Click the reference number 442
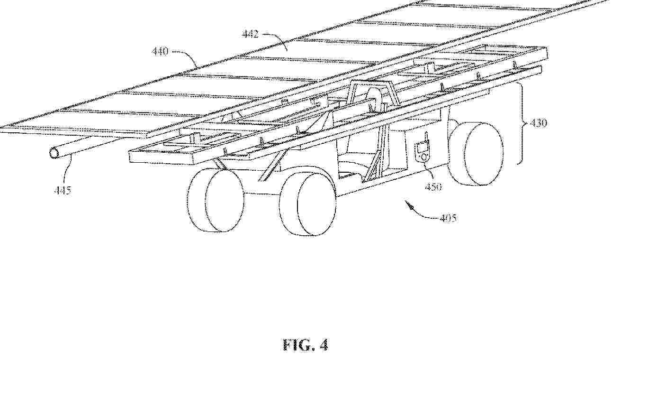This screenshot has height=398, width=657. coord(250,34)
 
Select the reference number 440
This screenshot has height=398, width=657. coord(160,52)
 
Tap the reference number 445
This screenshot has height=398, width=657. coord(63,190)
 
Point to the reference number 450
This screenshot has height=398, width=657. coord(433,186)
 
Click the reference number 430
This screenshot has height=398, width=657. coord(539,123)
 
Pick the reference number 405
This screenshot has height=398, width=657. coord(449,218)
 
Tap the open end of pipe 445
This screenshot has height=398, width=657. coord(54,153)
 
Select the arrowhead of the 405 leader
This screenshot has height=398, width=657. coord(410,205)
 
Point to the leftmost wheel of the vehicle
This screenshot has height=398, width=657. coord(216,201)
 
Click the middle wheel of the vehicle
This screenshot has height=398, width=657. coord(308,204)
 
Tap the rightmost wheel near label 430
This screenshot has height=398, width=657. coord(476,153)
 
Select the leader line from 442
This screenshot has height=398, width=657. coord(276,40)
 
